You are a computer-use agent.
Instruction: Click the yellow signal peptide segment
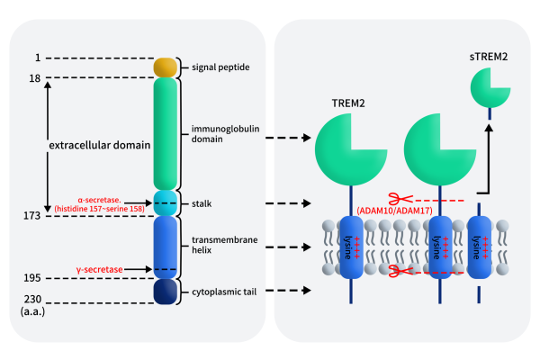pos(164,67)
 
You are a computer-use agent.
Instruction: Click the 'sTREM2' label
pos(489,57)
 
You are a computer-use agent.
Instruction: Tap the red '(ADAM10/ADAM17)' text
pos(393,211)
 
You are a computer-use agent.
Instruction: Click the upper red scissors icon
pos(392,198)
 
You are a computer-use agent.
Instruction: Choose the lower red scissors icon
pos(392,270)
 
